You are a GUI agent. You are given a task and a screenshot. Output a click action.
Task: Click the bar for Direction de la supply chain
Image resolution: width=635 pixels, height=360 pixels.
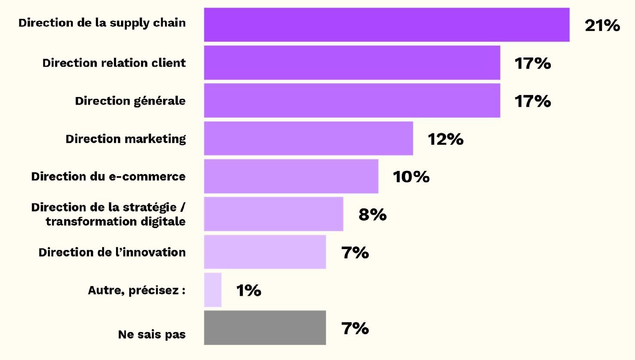[386, 24]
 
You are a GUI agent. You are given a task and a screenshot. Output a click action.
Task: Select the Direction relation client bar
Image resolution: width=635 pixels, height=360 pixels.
[352, 63]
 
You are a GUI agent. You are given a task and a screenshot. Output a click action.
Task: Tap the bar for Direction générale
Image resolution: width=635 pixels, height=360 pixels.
[352, 101]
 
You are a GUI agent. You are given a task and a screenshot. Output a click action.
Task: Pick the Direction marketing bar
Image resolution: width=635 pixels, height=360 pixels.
[308, 138]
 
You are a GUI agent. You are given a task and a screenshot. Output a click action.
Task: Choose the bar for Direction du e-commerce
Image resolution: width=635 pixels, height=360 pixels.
[291, 176]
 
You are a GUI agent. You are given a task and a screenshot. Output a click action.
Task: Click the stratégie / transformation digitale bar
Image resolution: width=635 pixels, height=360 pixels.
[273, 214]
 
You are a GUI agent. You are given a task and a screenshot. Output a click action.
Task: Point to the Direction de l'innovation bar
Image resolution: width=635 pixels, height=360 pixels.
[265, 252]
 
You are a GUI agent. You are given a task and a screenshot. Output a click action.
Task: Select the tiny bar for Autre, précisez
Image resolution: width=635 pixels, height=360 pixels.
[213, 290]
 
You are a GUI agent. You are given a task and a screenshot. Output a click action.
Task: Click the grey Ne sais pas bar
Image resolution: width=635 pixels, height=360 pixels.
[265, 328]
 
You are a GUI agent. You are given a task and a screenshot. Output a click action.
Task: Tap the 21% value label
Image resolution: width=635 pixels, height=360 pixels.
[602, 26]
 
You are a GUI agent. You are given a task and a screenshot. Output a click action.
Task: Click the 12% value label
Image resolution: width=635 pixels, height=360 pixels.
[445, 139]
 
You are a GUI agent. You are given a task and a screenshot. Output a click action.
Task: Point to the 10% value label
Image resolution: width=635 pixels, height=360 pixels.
[411, 177]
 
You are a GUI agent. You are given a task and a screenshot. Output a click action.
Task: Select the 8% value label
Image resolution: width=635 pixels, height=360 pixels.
[372, 214]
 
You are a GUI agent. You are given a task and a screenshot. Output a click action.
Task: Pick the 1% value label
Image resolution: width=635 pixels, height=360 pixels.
[249, 290]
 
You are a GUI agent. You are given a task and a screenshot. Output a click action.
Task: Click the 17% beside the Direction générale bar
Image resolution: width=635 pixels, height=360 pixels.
[532, 101]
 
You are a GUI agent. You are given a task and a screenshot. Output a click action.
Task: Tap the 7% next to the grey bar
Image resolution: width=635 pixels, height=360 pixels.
[355, 328]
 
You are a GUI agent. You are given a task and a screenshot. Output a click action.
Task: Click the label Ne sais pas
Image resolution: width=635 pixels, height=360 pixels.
[152, 335]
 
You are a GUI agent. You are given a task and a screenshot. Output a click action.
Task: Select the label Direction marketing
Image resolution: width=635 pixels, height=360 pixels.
[126, 139]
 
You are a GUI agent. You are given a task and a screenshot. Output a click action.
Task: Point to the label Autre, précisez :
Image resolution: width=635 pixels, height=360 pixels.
[137, 290]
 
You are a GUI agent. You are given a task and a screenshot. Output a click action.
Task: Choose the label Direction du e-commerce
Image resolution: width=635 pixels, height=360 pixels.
[108, 177]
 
